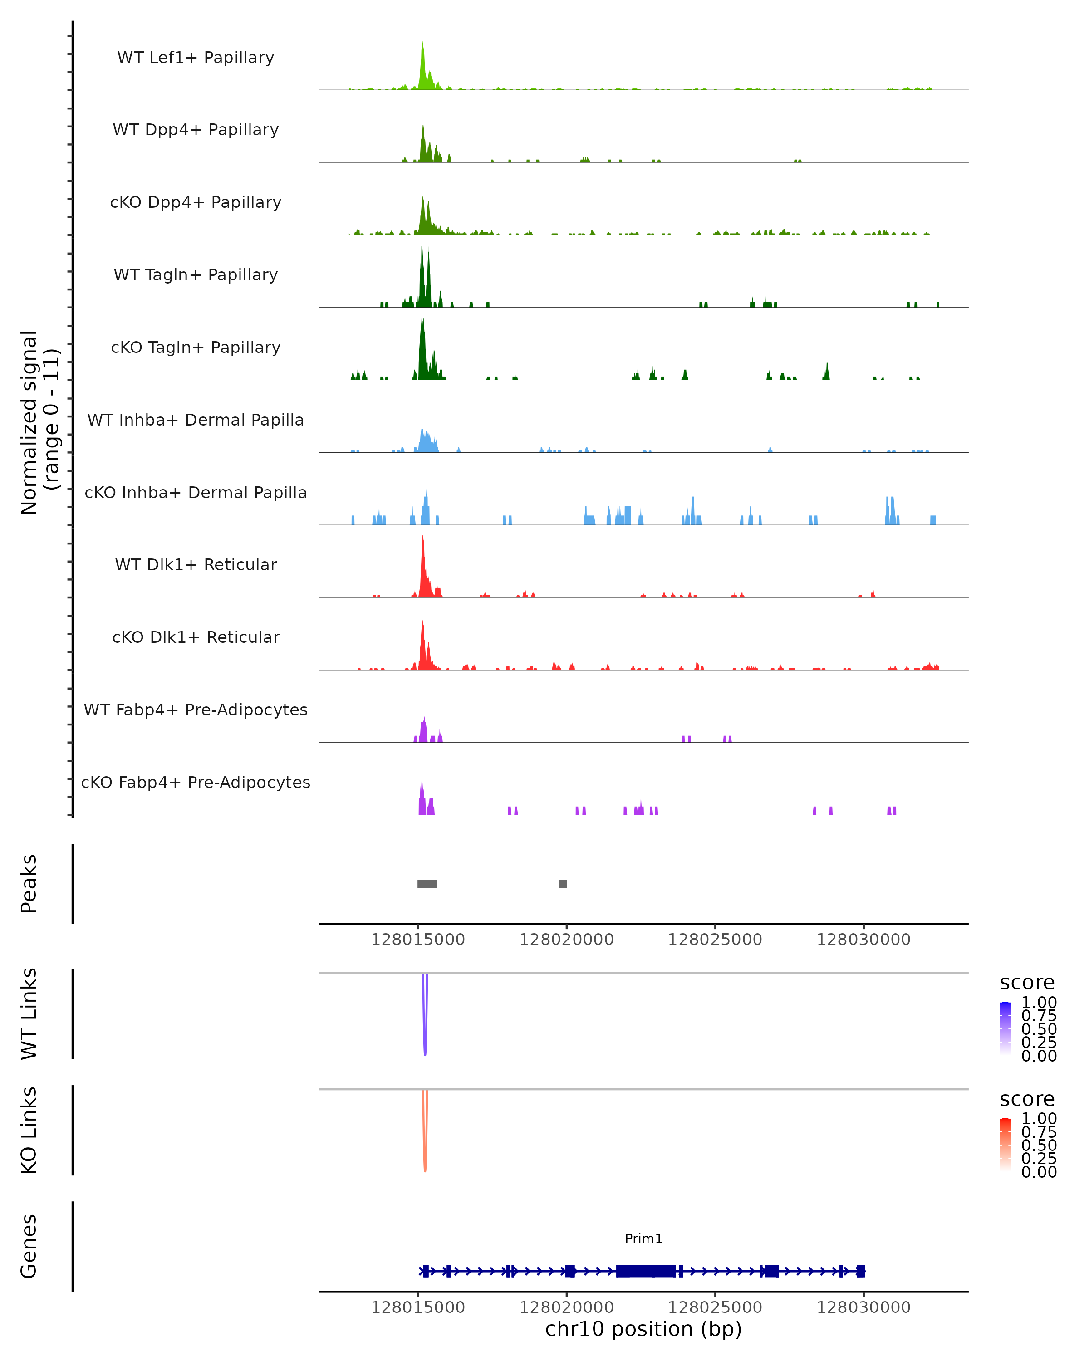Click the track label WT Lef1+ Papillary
[x=196, y=58]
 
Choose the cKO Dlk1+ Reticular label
[x=196, y=637]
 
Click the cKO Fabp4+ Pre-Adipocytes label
[x=196, y=782]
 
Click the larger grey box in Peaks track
[x=427, y=884]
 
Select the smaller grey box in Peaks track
[x=563, y=884]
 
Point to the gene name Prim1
[x=643, y=1238]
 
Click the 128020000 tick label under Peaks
[x=566, y=940]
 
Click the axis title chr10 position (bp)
[x=643, y=1329]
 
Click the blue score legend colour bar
[x=1005, y=1028]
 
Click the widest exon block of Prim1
[x=645, y=1271]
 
